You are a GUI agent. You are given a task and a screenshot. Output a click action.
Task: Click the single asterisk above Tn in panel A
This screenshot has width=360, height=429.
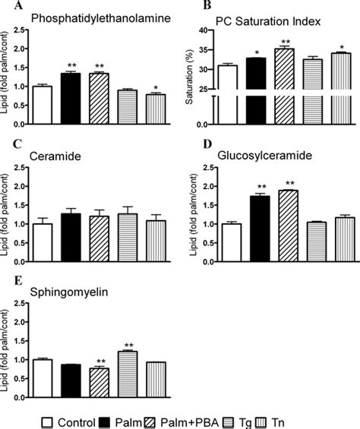[x=135, y=86]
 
